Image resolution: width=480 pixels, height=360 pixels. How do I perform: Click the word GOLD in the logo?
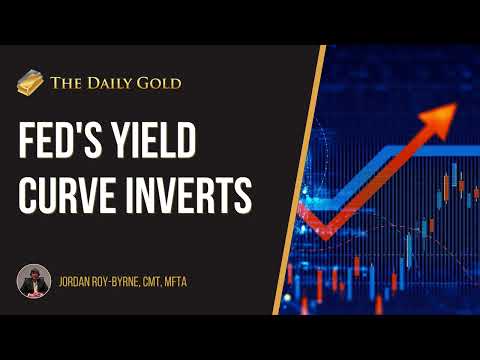pos(160,84)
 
